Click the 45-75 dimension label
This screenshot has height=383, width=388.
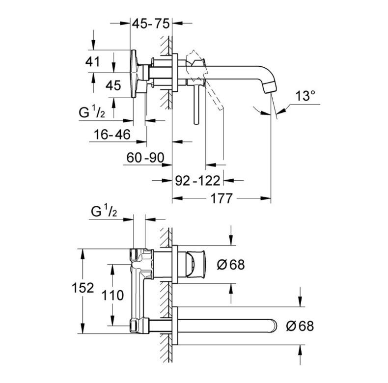(x=153, y=23)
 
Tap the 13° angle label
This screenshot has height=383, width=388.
(x=306, y=96)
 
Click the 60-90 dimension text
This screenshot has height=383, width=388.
(x=146, y=158)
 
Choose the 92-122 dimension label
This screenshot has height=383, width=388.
(x=197, y=181)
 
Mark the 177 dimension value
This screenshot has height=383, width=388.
(x=221, y=199)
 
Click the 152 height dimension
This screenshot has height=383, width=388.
(x=82, y=288)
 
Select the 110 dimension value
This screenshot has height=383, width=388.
(x=114, y=295)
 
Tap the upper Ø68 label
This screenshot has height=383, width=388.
(x=230, y=264)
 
